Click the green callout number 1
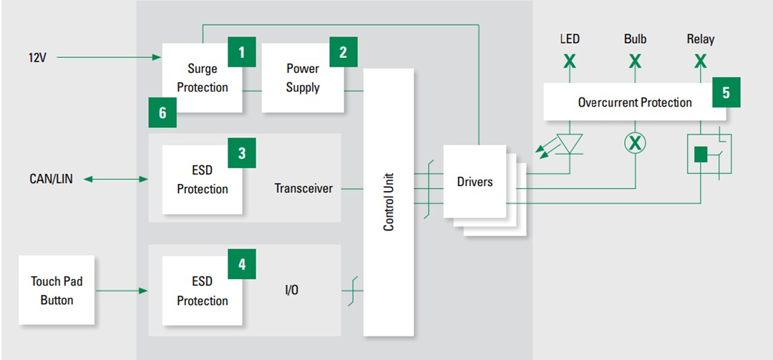(241, 52)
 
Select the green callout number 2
(343, 52)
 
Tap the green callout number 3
(241, 153)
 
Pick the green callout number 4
(241, 264)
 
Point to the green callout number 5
(726, 92)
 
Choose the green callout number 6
(162, 112)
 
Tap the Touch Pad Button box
(57, 291)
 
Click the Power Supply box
(302, 78)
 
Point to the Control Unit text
(389, 202)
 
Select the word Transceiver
(303, 189)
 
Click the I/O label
(291, 291)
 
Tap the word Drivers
(475, 182)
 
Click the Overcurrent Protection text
(634, 102)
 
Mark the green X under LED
(569, 62)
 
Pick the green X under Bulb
(635, 62)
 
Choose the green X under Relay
(701, 62)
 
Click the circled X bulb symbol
(635, 143)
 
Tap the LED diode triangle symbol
(570, 143)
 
